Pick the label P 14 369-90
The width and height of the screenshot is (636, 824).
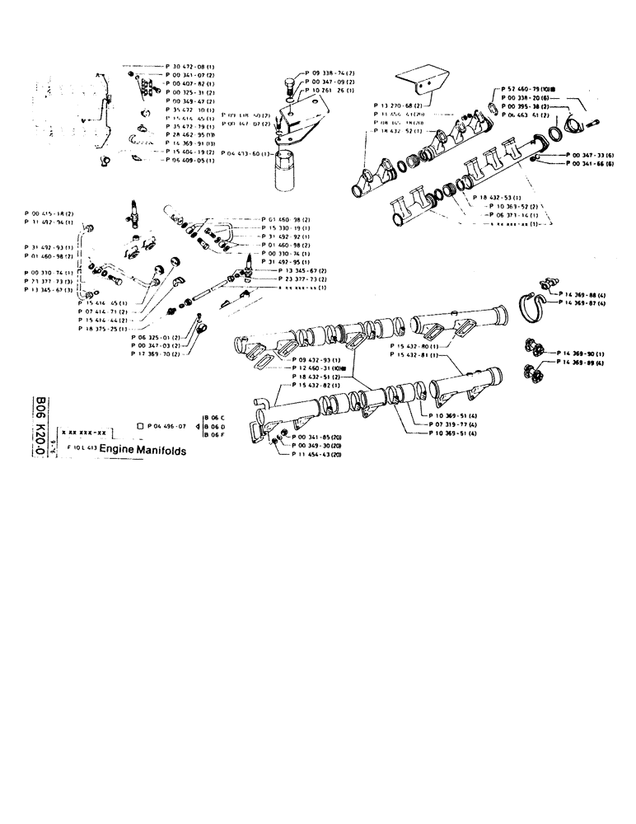tap(582, 353)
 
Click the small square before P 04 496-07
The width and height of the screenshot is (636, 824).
tap(141, 425)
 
